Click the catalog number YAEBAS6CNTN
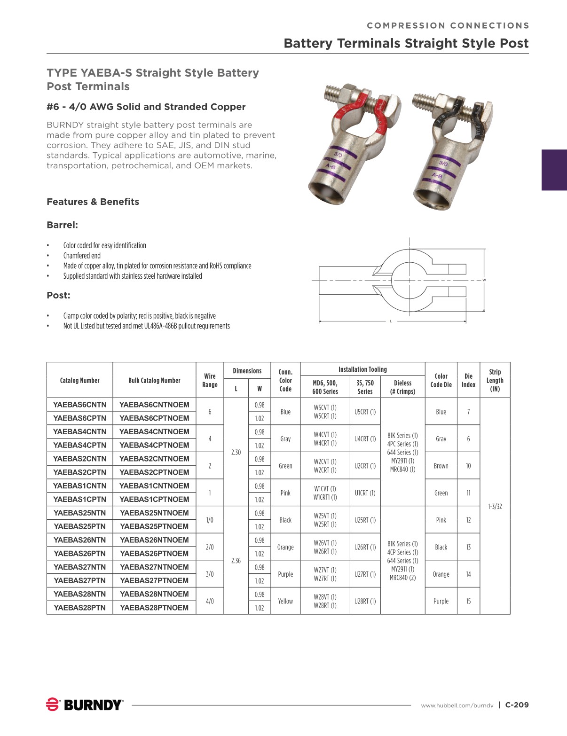tap(80, 405)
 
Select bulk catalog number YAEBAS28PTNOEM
tap(154, 608)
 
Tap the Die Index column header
tap(468, 380)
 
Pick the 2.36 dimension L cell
tap(236, 560)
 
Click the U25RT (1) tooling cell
tap(365, 520)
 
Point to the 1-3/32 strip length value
tap(495, 506)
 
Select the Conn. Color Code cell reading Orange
tap(285, 547)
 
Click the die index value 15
tap(468, 601)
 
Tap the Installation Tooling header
tap(362, 369)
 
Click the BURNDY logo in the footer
tap(85, 705)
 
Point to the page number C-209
tap(517, 705)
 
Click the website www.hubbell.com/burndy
tap(457, 705)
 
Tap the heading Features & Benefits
tap(93, 202)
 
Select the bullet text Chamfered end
tap(82, 256)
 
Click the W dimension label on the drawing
tap(484, 280)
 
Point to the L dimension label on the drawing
tap(391, 321)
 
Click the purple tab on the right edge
tap(554, 170)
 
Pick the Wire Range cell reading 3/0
tap(210, 574)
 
